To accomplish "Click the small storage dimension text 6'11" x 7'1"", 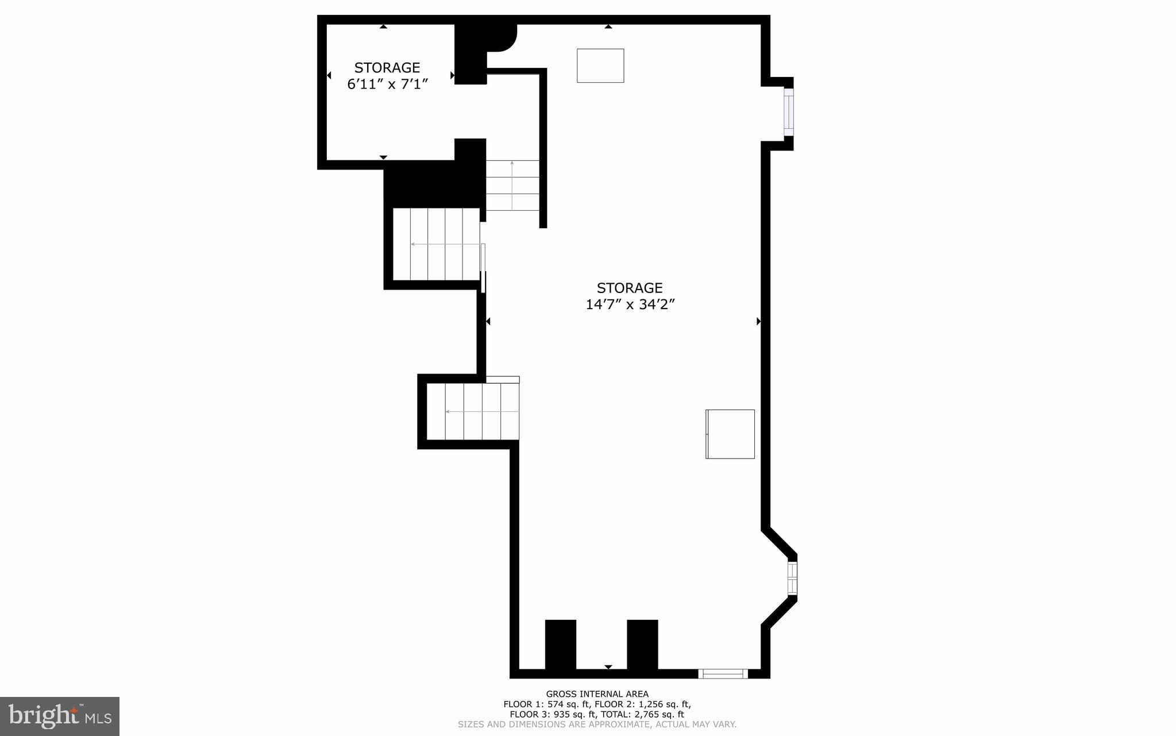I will point(387,84).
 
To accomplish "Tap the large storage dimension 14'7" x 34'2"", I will point(630,305).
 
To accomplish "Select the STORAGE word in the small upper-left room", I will point(387,68).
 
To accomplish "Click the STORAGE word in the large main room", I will point(630,288).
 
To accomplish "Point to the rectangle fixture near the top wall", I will point(600,65).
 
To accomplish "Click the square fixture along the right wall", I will point(730,434).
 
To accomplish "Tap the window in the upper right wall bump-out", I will point(789,112).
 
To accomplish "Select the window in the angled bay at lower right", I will point(792,578).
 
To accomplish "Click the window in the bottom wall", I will point(723,674).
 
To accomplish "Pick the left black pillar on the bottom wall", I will point(560,644).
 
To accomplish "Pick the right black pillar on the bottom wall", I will point(642,644).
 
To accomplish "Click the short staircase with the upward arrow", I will point(512,186).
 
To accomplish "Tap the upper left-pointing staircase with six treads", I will point(436,244).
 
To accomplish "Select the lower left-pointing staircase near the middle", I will point(473,411).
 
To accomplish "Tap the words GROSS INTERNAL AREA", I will point(597,694).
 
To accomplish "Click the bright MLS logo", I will point(60,716).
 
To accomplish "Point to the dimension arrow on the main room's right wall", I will point(758,321).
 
